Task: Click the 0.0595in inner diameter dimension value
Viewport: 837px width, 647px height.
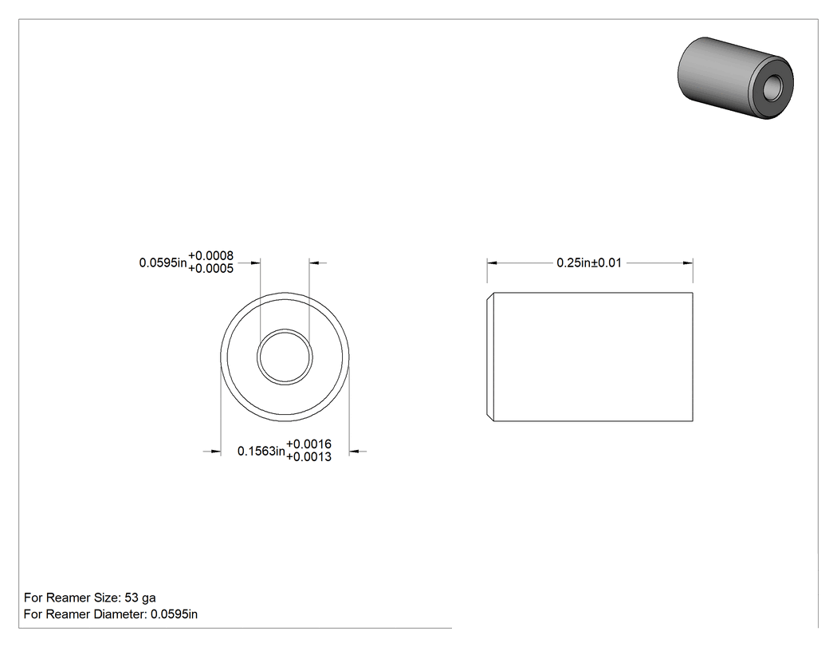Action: coord(163,262)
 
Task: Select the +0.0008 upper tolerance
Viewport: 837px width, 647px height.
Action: coord(211,256)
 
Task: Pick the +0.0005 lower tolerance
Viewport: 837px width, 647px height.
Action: coord(211,269)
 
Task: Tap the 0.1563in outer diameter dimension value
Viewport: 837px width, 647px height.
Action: coord(261,452)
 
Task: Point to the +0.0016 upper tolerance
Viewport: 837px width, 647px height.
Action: coord(309,444)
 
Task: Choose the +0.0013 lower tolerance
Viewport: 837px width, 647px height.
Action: coord(309,457)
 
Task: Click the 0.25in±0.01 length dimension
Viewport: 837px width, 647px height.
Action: coord(589,262)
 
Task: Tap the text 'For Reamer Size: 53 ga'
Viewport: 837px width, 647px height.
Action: coord(89,598)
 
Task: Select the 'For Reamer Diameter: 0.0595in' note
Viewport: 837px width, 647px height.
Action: coord(111,614)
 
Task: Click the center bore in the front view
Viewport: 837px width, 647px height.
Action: coord(285,357)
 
